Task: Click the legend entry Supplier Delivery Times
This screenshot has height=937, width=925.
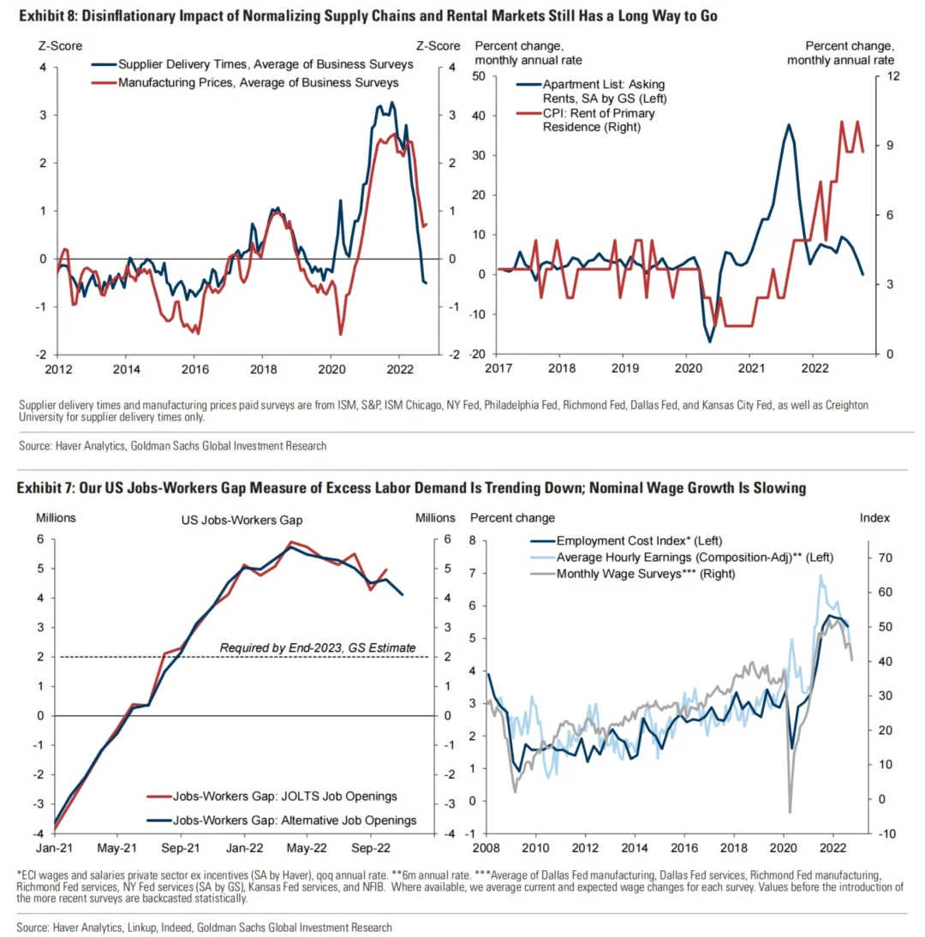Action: click(x=266, y=64)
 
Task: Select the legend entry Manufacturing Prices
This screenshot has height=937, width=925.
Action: click(x=258, y=83)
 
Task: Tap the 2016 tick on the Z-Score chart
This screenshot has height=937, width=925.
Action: click(x=194, y=362)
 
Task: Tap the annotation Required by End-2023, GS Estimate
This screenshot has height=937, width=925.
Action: click(x=317, y=648)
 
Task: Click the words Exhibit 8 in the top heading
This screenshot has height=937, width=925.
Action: click(x=38, y=15)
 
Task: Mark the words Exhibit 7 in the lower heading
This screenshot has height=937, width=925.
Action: click(x=39, y=489)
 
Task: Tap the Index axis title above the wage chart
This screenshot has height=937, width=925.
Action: click(x=874, y=518)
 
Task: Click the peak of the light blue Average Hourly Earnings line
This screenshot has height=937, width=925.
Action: click(x=822, y=576)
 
